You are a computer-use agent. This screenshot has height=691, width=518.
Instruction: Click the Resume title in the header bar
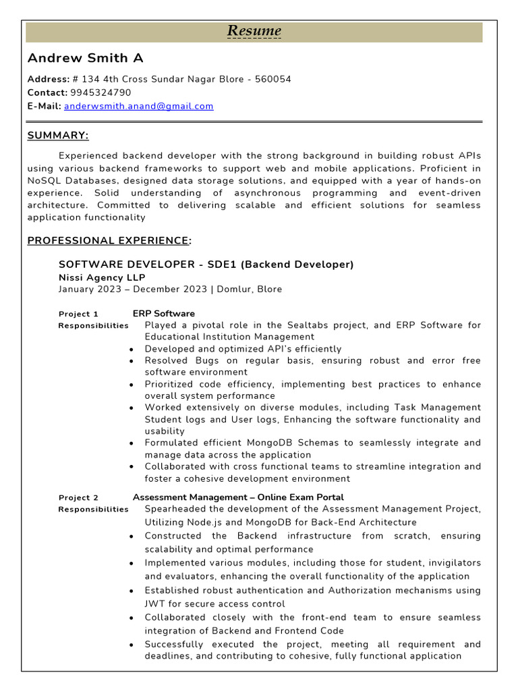tap(254, 31)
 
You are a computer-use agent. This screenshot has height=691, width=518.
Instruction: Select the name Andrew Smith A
tap(85, 58)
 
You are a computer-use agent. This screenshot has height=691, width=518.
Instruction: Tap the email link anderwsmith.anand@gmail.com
tap(138, 106)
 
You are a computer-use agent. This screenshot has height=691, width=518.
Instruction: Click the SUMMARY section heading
tap(58, 136)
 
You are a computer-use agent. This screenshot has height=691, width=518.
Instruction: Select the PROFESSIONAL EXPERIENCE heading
tap(108, 240)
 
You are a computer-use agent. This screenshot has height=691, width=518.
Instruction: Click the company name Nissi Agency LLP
tap(102, 277)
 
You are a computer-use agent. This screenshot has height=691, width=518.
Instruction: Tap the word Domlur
tap(233, 289)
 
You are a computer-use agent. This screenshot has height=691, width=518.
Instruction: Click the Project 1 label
tap(78, 314)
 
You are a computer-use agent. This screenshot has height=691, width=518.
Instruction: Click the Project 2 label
tap(78, 498)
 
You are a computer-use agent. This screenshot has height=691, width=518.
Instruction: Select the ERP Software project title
tap(163, 314)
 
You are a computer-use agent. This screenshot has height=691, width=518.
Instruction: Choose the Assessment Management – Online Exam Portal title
tap(238, 498)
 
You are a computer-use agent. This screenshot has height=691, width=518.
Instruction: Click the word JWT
tap(155, 604)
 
